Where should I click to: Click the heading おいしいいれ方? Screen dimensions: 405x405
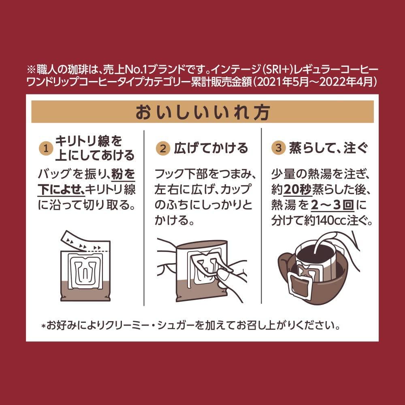pos(202,112)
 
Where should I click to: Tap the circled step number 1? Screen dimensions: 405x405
pos(46,148)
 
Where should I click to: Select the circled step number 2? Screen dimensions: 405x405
pos(163,148)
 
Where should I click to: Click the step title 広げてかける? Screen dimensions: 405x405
pos(211,148)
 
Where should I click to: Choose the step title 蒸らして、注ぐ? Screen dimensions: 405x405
pos(328,148)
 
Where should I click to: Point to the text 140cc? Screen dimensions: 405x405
pos(324,221)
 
